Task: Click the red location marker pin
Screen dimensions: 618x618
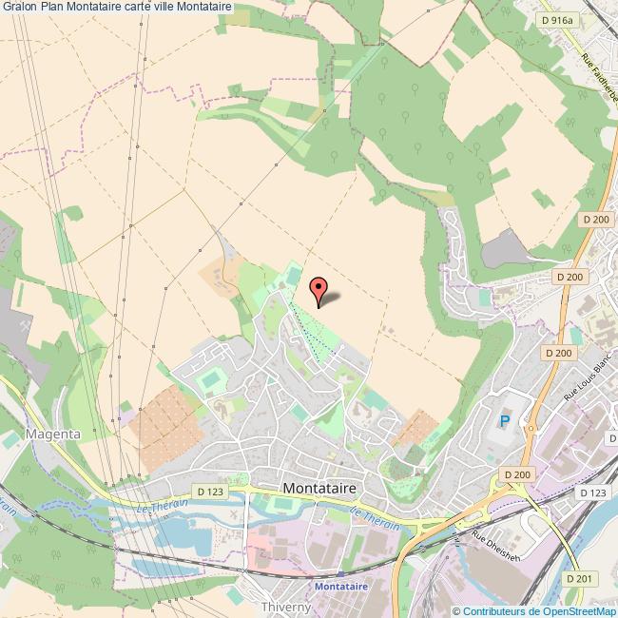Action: coord(319,287)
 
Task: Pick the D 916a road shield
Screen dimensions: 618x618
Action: coord(556,19)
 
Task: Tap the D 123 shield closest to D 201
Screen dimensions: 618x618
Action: coord(591,492)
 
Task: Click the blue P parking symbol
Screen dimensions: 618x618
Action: coord(505,421)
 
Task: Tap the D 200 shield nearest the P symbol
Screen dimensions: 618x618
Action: coord(517,474)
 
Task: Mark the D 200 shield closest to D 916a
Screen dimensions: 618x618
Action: coord(595,220)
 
